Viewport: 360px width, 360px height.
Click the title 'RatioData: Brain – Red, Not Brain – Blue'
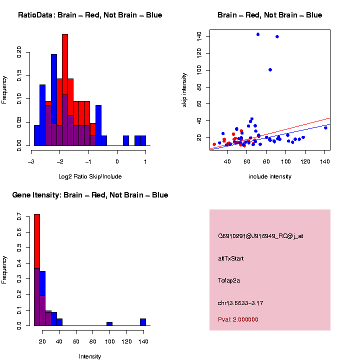point(90,15)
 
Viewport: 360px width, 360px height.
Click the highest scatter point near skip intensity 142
point(258,34)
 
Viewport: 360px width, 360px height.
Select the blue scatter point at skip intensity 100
point(270,69)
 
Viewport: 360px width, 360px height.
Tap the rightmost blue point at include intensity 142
point(325,127)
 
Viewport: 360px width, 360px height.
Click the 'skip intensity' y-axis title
point(184,89)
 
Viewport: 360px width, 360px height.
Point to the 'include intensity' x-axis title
point(269,176)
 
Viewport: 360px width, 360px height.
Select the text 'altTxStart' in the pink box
point(231,258)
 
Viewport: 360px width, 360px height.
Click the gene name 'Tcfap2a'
point(229,280)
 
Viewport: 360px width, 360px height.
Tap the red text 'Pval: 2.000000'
point(238,319)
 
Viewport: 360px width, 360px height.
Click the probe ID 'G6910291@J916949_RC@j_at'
point(260,236)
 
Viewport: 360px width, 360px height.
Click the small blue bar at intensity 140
point(143,322)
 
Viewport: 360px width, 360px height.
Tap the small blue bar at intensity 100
point(109,324)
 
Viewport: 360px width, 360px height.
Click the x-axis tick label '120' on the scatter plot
point(304,161)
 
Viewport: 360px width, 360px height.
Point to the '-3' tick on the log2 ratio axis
point(31,161)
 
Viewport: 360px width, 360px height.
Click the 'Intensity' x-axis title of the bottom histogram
point(90,356)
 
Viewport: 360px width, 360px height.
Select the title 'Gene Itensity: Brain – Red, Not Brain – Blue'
point(90,195)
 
